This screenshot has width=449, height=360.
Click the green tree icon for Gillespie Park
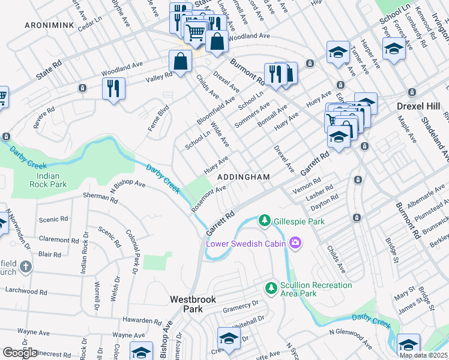(264, 221)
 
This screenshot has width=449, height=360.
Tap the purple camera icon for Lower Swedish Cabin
(294, 243)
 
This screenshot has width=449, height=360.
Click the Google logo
(19, 353)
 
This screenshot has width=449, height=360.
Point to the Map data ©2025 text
(423, 355)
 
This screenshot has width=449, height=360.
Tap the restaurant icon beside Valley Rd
(113, 88)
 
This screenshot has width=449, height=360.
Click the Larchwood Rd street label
(26, 290)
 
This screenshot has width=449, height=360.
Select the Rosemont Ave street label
(209, 198)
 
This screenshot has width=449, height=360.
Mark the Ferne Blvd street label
(158, 119)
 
